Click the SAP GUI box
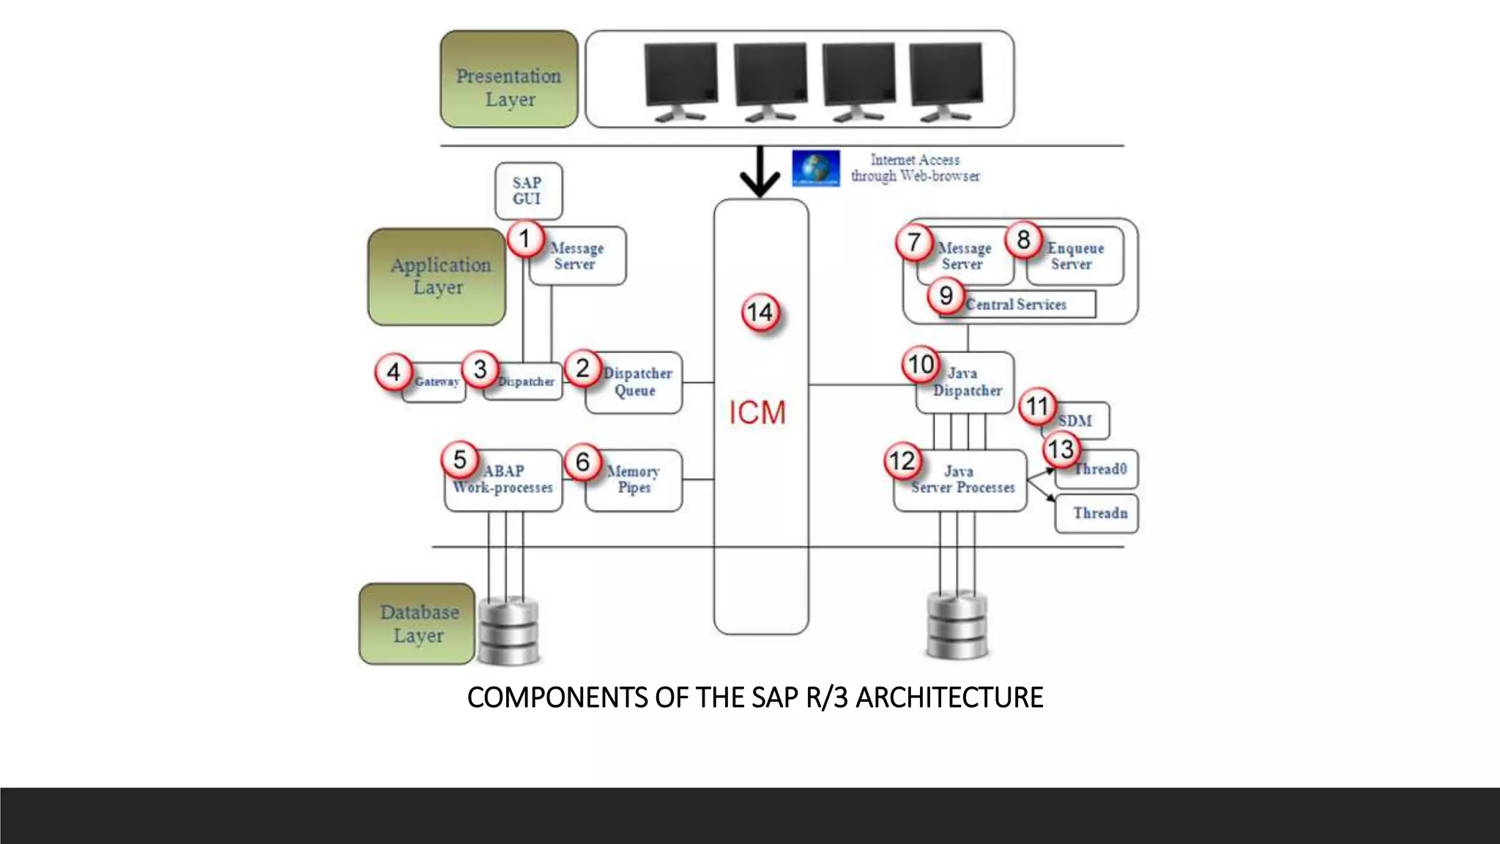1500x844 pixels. pyautogui.click(x=528, y=191)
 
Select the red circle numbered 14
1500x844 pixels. pyautogui.click(x=760, y=313)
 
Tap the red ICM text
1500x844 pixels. pyautogui.click(x=757, y=412)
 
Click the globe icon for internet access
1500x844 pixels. pyautogui.click(x=815, y=169)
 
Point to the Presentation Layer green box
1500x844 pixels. pyautogui.click(x=509, y=79)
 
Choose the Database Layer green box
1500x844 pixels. pyautogui.click(x=417, y=624)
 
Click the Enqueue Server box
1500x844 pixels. pyautogui.click(x=1075, y=256)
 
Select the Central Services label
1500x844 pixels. pyautogui.click(x=1017, y=305)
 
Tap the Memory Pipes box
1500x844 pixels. pyautogui.click(x=634, y=481)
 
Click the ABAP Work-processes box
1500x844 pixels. pyautogui.click(x=503, y=481)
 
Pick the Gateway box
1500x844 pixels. pyautogui.click(x=435, y=382)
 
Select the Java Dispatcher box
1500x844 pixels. pyautogui.click(x=966, y=382)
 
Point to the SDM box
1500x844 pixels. pyautogui.click(x=1075, y=421)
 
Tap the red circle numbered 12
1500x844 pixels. pyautogui.click(x=902, y=461)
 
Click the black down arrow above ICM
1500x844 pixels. pyautogui.click(x=760, y=173)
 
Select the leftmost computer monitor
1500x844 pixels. pyautogui.click(x=680, y=81)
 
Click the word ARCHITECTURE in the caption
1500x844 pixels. pyautogui.click(x=949, y=697)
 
